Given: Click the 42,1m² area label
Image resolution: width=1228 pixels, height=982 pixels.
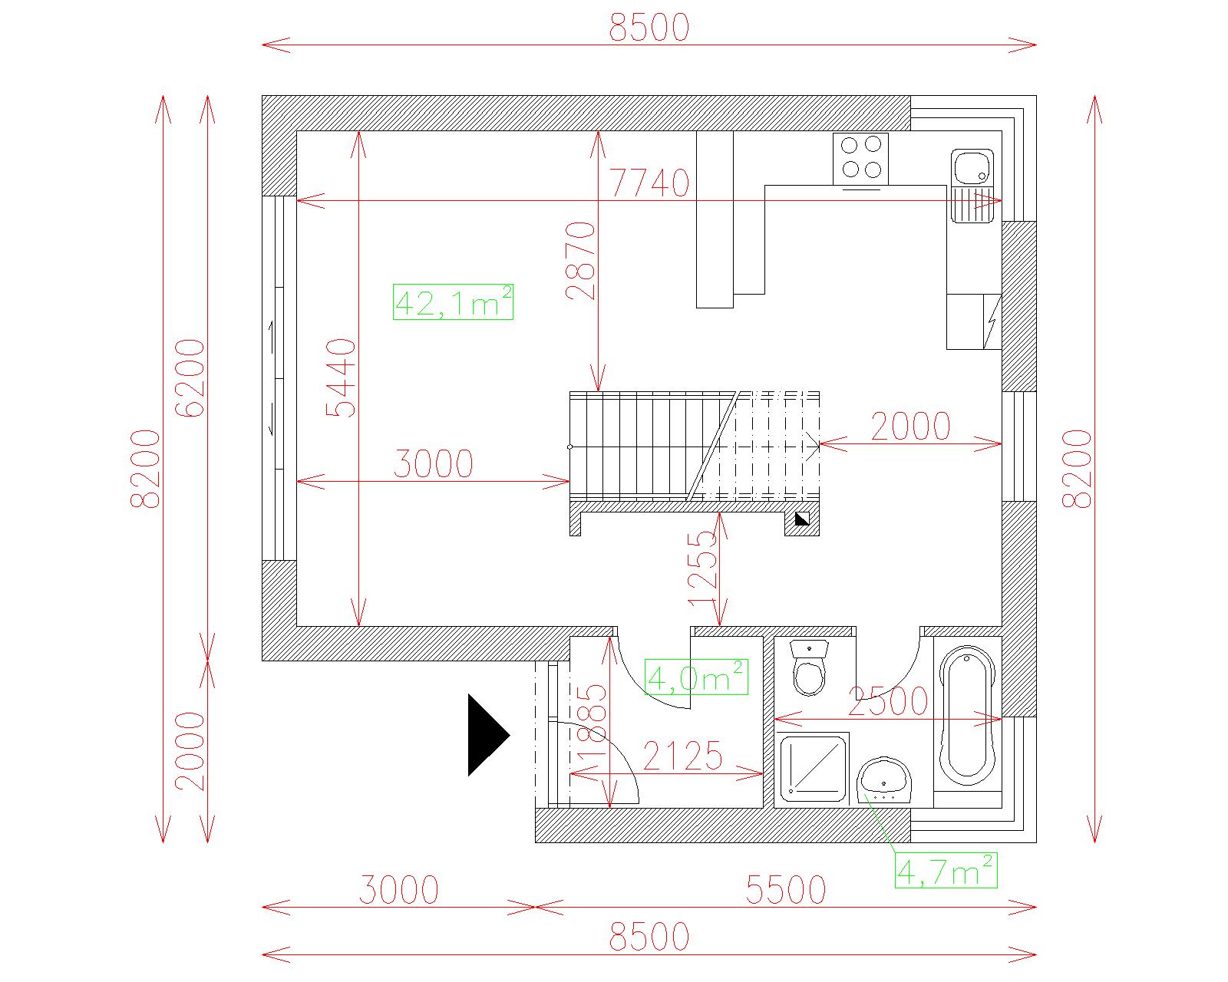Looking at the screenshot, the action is pos(453,302).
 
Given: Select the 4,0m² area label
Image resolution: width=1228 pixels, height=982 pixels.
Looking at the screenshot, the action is pos(696,677).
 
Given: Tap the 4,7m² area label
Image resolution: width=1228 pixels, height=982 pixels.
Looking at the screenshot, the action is pos(946,870).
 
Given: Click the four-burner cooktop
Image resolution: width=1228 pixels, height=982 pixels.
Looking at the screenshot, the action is pos(860,159).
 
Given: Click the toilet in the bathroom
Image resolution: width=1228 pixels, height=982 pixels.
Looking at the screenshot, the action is pos(809,667).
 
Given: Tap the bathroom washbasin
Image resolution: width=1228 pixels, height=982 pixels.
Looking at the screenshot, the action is pos(884,780).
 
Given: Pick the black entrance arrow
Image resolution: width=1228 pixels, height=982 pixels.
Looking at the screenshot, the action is pos(488,735).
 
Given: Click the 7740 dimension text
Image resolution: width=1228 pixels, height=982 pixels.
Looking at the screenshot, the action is pos(649,183).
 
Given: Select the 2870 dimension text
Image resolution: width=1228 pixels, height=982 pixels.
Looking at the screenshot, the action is pos(581,261).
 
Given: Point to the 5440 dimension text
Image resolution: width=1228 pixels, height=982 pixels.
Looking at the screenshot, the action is pos(341,377).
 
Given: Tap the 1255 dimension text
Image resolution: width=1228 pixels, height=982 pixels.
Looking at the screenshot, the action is pos(701,568).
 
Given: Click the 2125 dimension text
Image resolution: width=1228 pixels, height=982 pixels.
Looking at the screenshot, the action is pos(682,756).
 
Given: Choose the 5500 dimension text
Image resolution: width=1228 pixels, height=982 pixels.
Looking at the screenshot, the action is pos(786,890).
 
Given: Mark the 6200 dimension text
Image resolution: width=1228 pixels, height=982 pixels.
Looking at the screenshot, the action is pos(190,378).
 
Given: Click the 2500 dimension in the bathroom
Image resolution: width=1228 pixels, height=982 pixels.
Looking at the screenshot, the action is pos(888,700).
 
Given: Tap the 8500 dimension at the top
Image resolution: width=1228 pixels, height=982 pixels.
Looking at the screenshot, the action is pos(649,27).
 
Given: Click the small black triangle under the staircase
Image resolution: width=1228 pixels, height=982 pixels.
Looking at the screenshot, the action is pos(801,519).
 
